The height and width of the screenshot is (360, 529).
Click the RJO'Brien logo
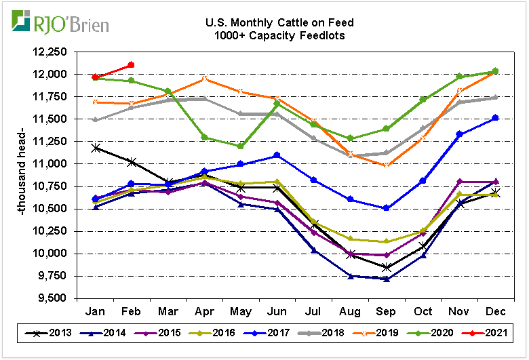60,24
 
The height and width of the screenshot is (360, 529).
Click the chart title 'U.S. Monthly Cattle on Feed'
279,23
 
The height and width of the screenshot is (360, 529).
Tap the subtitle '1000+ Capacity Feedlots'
279,35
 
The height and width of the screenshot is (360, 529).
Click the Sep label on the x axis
386,311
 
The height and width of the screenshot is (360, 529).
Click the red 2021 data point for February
131,65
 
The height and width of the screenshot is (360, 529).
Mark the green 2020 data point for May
241,146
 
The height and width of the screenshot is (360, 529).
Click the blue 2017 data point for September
386,208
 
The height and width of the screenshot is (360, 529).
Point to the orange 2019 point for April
204,79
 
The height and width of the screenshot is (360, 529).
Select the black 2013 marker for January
95,148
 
